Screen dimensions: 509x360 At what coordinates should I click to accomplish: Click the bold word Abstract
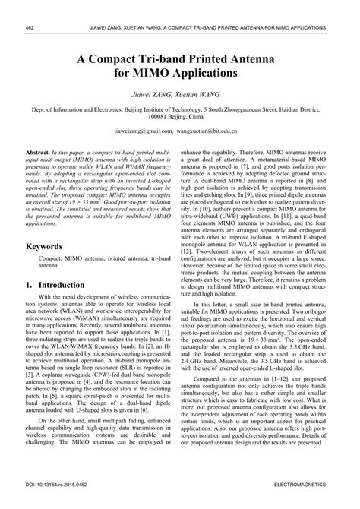[x=39, y=153]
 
